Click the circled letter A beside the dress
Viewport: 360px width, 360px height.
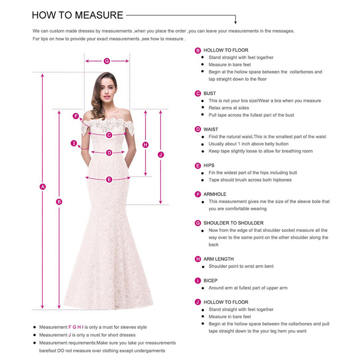tap(43, 187)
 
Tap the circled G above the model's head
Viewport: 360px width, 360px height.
tap(107, 61)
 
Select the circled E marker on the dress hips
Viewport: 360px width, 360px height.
tap(109, 180)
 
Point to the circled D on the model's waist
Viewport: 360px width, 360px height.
tap(109, 153)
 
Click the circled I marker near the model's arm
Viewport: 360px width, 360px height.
tap(73, 144)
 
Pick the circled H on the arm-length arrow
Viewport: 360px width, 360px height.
tap(145, 144)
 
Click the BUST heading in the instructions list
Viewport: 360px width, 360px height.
tap(210, 94)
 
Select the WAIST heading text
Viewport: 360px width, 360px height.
tap(211, 130)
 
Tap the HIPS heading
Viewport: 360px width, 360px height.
tap(209, 166)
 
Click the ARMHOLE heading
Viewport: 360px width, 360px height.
tap(215, 194)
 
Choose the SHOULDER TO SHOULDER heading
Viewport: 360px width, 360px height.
tap(233, 223)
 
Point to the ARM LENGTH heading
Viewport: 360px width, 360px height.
tap(218, 259)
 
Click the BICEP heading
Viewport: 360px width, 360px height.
tap(210, 281)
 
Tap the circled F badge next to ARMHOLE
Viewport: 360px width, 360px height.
tap(198, 194)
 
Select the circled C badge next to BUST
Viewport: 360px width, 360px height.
tap(198, 94)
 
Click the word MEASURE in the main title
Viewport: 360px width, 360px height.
tap(99, 15)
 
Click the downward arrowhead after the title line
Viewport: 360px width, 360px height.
tap(235, 21)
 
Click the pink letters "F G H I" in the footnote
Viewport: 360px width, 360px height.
tap(76, 327)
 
